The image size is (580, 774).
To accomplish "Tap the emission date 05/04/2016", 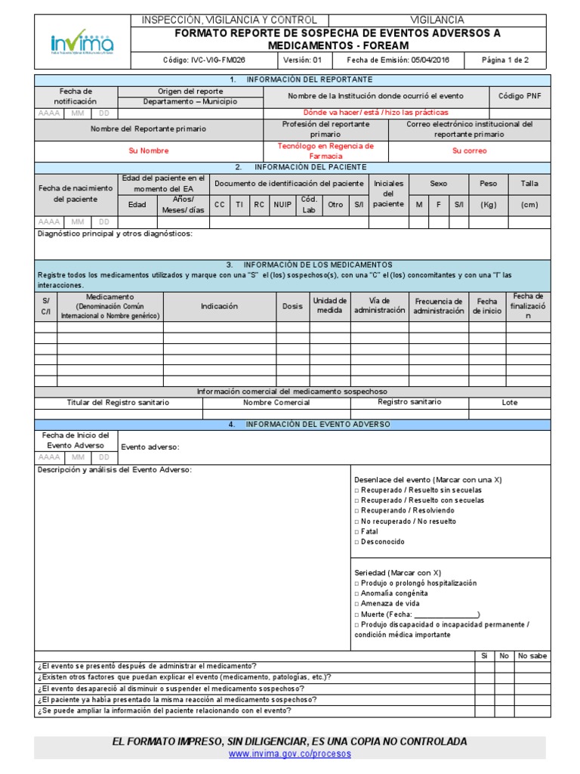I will pos(409,60).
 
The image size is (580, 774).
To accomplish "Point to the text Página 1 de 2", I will pos(506,60).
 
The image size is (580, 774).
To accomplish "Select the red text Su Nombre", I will pos(148,151).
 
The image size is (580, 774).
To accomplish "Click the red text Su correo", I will pos(469,151).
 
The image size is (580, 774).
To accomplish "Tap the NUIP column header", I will pos(282,204).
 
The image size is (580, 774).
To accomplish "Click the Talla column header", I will pos(529,184).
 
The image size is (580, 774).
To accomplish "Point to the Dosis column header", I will pos(292,306).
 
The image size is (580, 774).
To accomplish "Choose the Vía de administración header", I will pos(380,305).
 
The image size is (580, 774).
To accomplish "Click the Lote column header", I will pos(510,403).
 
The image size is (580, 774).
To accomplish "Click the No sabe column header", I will pos(532,656).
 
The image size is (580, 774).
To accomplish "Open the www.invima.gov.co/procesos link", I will pos(290,754).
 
